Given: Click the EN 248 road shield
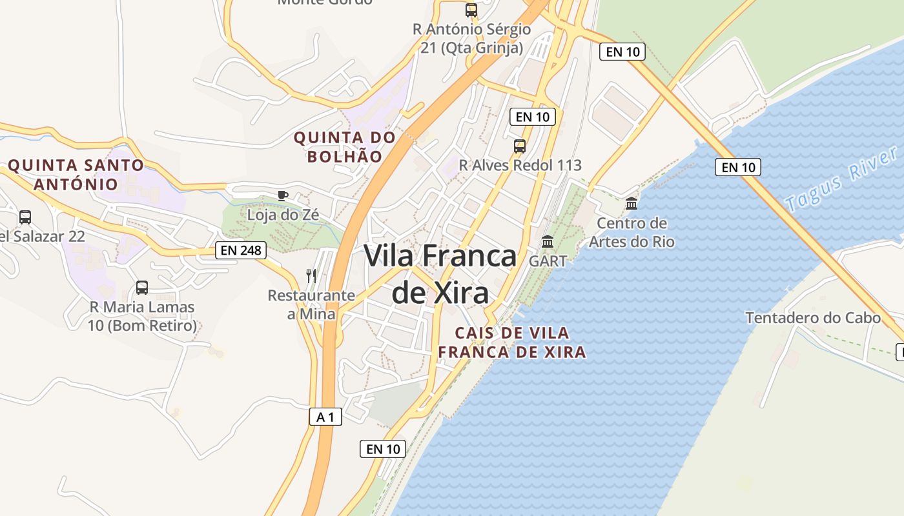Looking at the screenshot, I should pos(241,250).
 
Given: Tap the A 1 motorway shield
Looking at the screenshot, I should pos(325,417).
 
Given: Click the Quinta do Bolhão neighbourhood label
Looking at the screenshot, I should pos(344,146).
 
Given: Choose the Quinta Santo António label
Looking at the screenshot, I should pos(76,174).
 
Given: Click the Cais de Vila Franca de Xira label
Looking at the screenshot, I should pos(512,342).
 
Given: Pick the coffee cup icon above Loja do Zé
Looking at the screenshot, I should pos(282,195).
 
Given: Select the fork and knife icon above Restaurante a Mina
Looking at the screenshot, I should pos(311,276).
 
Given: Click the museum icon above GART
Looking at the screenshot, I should pos(548,242).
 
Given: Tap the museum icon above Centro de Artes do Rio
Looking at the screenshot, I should pos(632,204).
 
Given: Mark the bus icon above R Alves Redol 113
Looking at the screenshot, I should pos(520,146).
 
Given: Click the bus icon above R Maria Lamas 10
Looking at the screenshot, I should pos(142,288).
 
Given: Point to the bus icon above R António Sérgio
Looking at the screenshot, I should pos(471,10).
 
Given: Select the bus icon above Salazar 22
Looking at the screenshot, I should pos(25,217).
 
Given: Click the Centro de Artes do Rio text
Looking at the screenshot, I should pos(632,232).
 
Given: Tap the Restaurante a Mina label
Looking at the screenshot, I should pos(311,304).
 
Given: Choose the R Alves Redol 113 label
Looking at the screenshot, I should pos(520,165).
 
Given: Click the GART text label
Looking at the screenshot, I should pos(548,261).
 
